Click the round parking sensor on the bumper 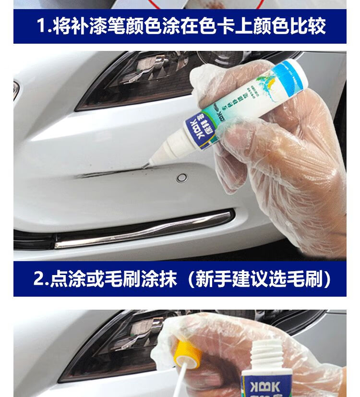[181, 178]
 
